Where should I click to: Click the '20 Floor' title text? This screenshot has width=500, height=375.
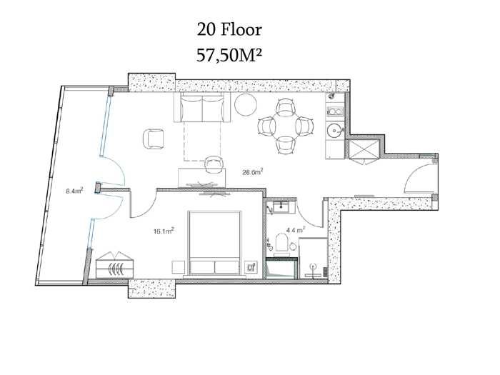click(229, 30)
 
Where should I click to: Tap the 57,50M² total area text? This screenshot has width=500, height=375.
click(229, 55)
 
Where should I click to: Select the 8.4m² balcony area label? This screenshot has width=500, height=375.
click(74, 191)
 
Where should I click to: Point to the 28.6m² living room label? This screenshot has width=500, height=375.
click(253, 172)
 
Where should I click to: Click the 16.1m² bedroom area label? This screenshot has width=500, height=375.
click(164, 231)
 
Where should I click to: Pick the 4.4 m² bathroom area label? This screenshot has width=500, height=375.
click(296, 229)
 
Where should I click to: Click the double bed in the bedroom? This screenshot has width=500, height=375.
click(214, 243)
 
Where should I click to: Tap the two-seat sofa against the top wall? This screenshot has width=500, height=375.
click(202, 107)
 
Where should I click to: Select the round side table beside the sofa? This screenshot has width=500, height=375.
click(246, 104)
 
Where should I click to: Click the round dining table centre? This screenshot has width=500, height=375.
click(286, 126)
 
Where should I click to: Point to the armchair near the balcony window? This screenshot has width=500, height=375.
click(154, 139)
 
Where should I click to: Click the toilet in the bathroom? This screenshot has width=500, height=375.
click(282, 242)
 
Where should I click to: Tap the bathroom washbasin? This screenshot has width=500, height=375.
click(281, 207)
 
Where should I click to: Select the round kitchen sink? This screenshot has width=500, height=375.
click(334, 131)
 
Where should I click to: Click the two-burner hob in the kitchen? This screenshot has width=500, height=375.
click(335, 111)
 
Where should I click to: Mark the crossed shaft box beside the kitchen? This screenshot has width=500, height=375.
click(363, 149)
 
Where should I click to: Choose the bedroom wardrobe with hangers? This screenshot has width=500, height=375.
click(115, 265)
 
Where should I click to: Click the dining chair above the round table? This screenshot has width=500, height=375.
click(286, 107)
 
